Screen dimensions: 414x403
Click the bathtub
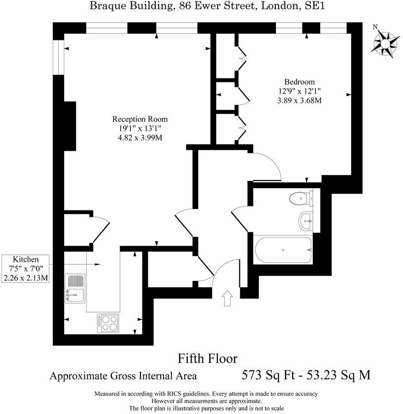(283, 249)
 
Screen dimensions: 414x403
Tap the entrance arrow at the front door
(227, 298)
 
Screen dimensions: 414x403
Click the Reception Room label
(140, 119)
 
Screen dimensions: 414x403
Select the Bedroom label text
(299, 82)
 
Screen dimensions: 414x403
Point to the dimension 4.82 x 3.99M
(140, 138)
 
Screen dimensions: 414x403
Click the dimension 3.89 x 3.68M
(299, 101)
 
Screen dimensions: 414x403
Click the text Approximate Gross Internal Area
(123, 376)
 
